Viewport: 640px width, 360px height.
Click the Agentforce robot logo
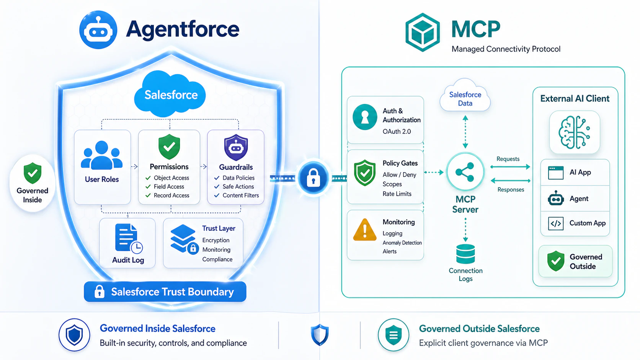click(98, 30)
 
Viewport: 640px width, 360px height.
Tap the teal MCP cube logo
click(422, 32)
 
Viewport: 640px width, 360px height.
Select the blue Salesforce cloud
click(170, 94)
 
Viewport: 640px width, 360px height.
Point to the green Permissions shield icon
click(169, 147)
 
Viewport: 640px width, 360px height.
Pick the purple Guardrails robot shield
click(236, 147)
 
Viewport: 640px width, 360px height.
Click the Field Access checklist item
click(165, 187)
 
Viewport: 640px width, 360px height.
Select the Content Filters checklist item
click(237, 195)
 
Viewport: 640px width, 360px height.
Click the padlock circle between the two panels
click(313, 178)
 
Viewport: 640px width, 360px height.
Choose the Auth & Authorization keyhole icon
click(365, 117)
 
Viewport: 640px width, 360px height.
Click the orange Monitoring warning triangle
click(365, 230)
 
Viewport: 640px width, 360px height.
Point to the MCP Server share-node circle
click(465, 172)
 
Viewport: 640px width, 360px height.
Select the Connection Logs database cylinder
click(465, 254)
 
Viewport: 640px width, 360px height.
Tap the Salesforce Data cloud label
click(465, 99)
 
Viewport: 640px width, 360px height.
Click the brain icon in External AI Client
click(574, 132)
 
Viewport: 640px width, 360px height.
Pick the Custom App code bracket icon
click(556, 223)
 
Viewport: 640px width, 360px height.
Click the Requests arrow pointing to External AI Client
click(510, 167)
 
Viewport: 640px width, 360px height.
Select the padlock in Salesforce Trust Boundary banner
click(100, 292)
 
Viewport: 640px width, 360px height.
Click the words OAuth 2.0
click(397, 132)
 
